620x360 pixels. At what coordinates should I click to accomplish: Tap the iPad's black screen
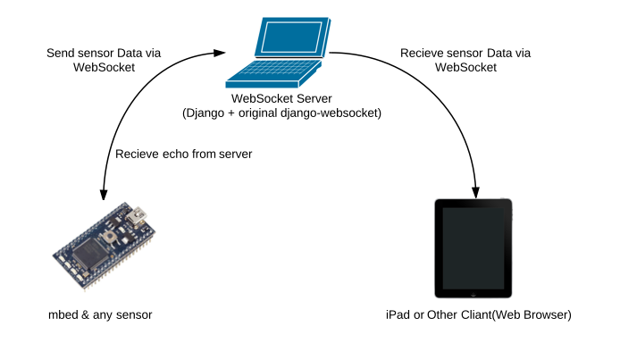[473, 248]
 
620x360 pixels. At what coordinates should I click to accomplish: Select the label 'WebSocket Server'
[278, 98]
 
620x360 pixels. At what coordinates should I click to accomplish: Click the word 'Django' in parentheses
[207, 113]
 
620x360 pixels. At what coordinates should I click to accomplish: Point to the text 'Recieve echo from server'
[184, 154]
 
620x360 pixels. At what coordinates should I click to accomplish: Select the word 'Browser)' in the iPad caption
[545, 315]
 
